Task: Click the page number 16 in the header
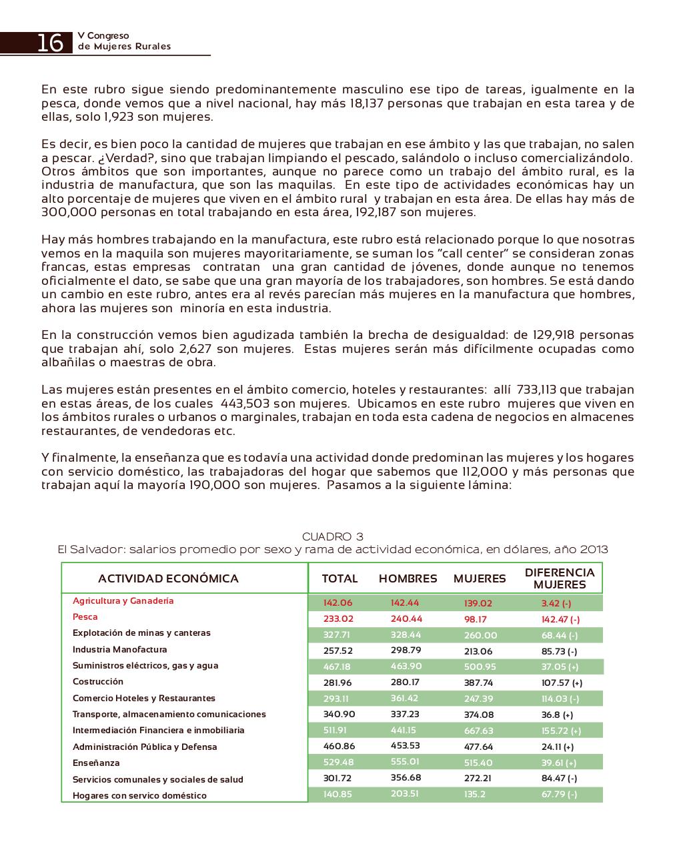[50, 42]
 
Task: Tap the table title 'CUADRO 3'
[333, 536]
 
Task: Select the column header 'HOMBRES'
[408, 578]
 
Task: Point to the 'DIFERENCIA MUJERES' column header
[560, 578]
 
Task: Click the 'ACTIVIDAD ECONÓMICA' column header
[168, 578]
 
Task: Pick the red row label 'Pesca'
[85, 617]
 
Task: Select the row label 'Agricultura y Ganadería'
[123, 600]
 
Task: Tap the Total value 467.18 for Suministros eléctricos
[337, 667]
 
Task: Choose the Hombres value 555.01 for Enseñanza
[406, 762]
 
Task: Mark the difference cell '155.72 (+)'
[561, 731]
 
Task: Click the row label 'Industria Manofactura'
[120, 649]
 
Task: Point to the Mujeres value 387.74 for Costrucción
[478, 683]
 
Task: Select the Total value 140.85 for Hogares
[337, 794]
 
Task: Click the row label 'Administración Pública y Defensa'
[145, 747]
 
